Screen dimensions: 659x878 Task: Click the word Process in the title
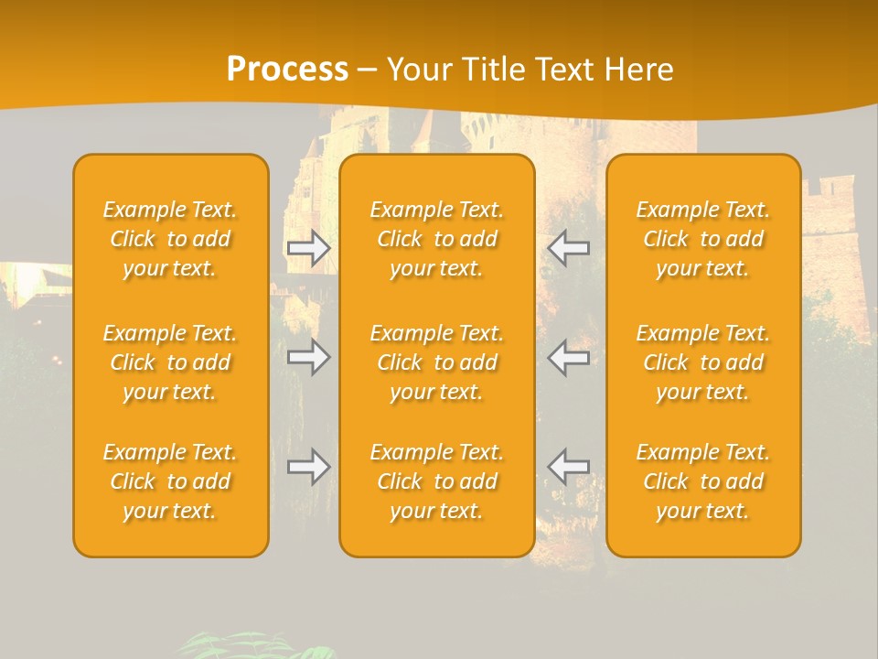[287, 70]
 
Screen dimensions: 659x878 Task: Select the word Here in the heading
[639, 70]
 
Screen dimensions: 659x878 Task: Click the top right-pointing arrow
[308, 248]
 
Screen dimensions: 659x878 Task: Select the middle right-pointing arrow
[308, 357]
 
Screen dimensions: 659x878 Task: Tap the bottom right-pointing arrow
[308, 467]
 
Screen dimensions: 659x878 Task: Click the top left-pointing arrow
[569, 247]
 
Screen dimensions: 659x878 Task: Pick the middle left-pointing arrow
[569, 357]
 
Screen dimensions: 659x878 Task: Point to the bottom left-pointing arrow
[569, 466]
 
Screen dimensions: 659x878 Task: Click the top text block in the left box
[170, 239]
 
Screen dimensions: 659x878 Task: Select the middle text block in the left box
[170, 362]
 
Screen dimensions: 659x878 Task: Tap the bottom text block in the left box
[170, 481]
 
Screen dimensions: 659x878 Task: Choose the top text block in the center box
[436, 239]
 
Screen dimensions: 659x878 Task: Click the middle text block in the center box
[436, 362]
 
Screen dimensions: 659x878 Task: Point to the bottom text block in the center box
[436, 481]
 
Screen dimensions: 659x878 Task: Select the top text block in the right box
[703, 239]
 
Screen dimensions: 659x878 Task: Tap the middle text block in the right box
[703, 362]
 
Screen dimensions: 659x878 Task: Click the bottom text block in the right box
[703, 481]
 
